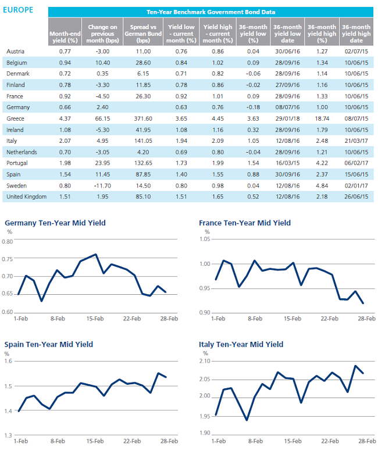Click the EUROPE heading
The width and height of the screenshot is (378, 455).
point(18,10)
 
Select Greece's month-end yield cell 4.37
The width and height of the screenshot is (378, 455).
point(65,118)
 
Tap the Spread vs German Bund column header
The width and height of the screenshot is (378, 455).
point(143,34)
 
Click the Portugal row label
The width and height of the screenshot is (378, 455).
point(17,163)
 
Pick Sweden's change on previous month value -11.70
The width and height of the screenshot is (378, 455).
point(102,186)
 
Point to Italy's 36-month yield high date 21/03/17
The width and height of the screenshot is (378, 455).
point(356,141)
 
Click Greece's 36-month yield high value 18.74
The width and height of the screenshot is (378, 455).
point(322,118)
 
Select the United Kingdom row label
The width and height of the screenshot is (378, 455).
point(27,197)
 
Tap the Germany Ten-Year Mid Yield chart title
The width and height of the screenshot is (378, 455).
point(55,223)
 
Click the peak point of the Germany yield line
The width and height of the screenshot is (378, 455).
point(95,254)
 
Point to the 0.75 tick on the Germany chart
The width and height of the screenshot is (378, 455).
point(7,259)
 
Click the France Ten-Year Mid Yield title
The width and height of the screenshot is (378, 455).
point(245,223)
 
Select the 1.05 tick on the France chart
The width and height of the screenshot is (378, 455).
point(205,239)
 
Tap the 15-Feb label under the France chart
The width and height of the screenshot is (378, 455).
point(293,319)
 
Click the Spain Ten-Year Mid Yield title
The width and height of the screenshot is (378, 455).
point(49,345)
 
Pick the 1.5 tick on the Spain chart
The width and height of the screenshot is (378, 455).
point(8,387)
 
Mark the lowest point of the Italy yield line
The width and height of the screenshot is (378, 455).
point(247,420)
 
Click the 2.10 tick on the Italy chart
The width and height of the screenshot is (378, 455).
point(205,361)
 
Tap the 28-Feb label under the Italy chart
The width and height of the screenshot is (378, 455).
point(367,441)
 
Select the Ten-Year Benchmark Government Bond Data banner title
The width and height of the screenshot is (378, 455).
point(211,12)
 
